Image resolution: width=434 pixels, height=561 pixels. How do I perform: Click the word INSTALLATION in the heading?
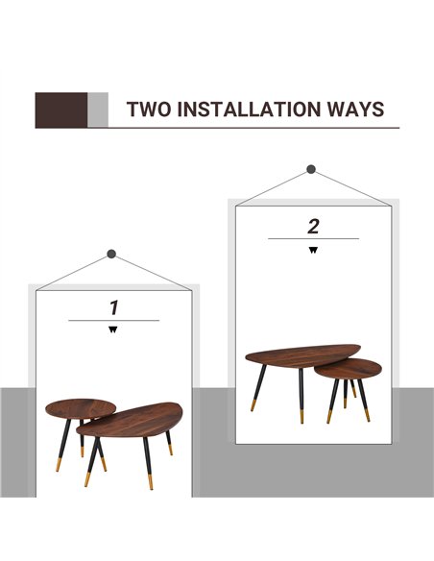[249, 110]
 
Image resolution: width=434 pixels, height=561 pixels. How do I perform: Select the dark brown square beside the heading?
[61, 110]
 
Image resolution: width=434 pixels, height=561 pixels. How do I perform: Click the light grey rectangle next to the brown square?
[98, 110]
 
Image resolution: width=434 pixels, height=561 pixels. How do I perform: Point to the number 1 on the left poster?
[113, 307]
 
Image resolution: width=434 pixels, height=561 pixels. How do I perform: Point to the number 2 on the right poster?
[313, 226]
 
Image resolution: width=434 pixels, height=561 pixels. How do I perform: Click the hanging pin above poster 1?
[111, 254]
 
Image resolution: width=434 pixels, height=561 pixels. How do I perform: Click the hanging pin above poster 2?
[311, 169]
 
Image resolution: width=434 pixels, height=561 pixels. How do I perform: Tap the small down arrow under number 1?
[113, 329]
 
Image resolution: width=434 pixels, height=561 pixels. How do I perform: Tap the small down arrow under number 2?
[313, 250]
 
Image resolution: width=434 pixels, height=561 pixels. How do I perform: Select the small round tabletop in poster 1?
[81, 408]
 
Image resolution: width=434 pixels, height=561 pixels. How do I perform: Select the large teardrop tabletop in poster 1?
[130, 421]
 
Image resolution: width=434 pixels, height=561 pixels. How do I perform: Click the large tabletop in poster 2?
[302, 355]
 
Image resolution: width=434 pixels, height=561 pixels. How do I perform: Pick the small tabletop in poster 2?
[348, 369]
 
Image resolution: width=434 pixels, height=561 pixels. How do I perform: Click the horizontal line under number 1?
[113, 321]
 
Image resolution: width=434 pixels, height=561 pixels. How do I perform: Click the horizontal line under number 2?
[313, 238]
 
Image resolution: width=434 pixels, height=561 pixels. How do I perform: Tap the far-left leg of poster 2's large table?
[258, 388]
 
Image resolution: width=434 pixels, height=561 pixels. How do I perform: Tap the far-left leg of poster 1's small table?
[63, 445]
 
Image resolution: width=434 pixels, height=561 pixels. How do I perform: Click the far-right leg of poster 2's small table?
[364, 401]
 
